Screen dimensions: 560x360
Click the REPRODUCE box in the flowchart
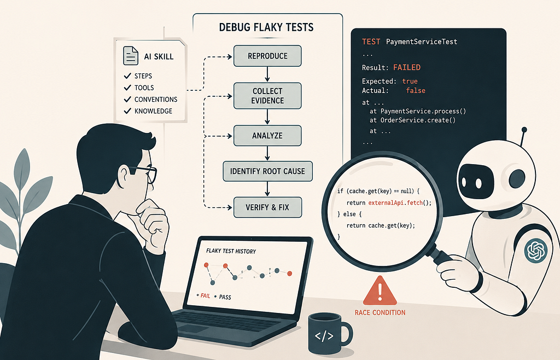click(267, 56)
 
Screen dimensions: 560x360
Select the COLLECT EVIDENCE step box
click(267, 96)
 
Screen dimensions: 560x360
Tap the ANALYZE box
click(267, 136)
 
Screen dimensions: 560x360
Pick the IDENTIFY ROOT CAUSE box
click(267, 171)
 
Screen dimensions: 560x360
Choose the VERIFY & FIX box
click(267, 207)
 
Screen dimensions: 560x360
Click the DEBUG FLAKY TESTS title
click(266, 27)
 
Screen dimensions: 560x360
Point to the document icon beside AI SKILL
click(131, 56)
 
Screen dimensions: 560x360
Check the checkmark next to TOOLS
click(127, 88)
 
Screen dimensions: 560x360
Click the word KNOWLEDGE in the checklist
click(153, 111)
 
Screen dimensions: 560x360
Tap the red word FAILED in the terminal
click(407, 67)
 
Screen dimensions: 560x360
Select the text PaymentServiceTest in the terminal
click(422, 42)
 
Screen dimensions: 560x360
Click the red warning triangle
click(380, 291)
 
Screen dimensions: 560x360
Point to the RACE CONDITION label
click(380, 312)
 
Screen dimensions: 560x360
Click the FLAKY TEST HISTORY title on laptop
click(231, 251)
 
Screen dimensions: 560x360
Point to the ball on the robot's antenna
click(524, 130)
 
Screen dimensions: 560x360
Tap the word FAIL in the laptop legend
click(206, 295)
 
